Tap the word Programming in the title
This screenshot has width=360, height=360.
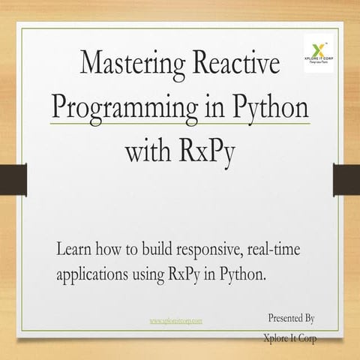(128, 107)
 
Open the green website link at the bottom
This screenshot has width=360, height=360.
(176, 320)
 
